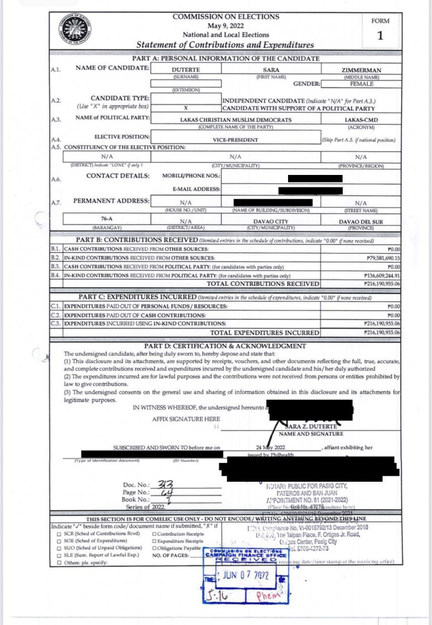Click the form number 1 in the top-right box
point(380,37)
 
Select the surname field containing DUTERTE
point(186,70)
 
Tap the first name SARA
point(270,70)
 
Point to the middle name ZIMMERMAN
point(361,70)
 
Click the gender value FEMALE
point(361,84)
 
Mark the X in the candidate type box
point(186,108)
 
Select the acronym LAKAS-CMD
point(361,120)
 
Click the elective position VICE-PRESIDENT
point(236,140)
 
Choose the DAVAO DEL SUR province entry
point(361,222)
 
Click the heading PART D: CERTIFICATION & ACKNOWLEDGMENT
point(224,346)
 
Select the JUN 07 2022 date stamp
point(245,575)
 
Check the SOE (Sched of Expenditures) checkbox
point(59,540)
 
